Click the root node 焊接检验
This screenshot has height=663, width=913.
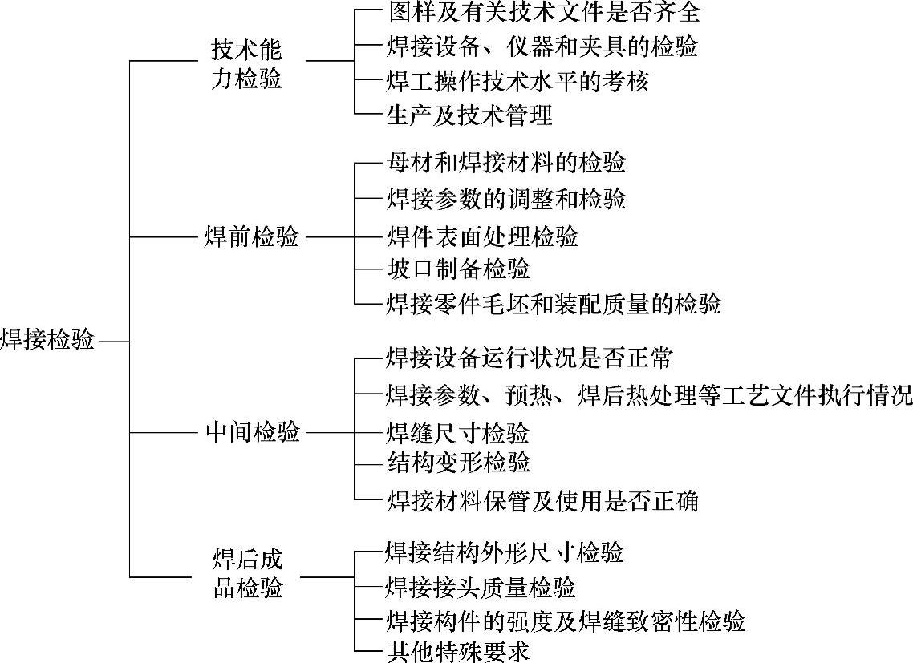click(47, 340)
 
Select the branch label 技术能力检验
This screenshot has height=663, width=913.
click(247, 65)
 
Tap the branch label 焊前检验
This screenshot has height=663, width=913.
click(252, 237)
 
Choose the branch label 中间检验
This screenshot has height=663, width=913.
click(252, 433)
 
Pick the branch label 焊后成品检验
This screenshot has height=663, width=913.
click(247, 573)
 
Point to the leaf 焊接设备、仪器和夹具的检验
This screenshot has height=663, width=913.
click(542, 46)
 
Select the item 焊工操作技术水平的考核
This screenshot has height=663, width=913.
click(517, 81)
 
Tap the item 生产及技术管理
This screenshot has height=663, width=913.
click(469, 115)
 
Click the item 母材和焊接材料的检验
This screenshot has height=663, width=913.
click(505, 163)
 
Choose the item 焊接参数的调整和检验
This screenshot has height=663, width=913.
click(505, 198)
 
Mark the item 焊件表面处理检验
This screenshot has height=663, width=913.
click(481, 236)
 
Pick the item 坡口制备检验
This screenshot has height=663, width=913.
click(457, 268)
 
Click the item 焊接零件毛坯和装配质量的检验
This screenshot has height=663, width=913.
click(554, 304)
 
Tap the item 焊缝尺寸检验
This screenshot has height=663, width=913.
click(457, 434)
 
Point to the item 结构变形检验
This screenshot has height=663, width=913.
click(457, 463)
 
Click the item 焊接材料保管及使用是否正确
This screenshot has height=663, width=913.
click(542, 501)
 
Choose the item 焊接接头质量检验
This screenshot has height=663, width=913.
click(481, 588)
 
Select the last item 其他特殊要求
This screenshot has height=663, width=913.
click(457, 650)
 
